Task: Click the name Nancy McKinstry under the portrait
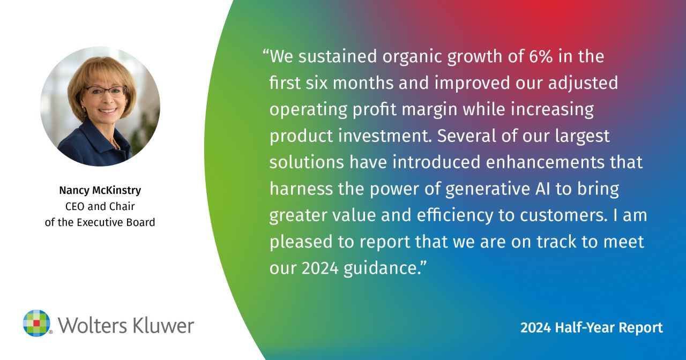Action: tap(100, 190)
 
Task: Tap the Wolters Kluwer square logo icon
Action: tap(37, 323)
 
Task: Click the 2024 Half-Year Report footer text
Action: tap(592, 327)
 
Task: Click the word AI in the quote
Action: tap(543, 189)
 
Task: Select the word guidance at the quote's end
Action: tap(380, 268)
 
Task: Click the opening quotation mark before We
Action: tap(265, 52)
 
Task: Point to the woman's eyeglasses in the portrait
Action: tap(106, 91)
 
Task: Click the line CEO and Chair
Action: tap(100, 206)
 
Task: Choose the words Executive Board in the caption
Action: tap(116, 222)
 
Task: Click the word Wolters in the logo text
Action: tap(90, 325)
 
